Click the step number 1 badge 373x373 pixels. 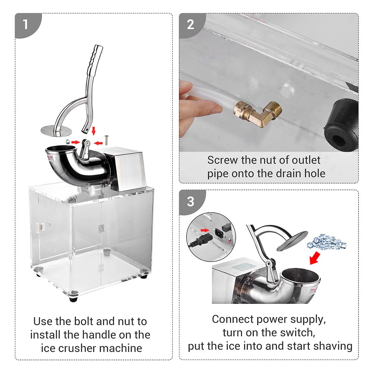coord(25,25)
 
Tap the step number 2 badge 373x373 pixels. coord(191,25)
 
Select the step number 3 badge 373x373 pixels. coord(191,201)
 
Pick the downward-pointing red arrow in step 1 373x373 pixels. coord(94,131)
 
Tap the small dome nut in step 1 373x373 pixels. coord(67,141)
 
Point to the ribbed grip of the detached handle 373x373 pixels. coord(96,60)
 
